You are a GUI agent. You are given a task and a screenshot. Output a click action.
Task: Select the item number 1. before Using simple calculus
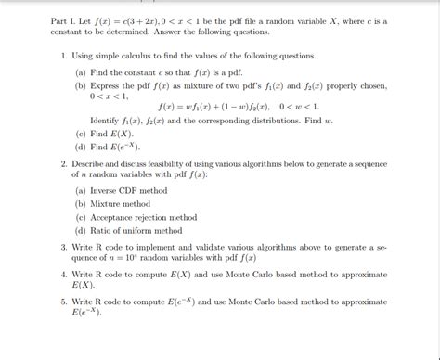coord(63,57)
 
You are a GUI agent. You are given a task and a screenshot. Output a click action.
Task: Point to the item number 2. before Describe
coord(63,163)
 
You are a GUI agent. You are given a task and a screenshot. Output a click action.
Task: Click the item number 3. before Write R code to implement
coord(63,249)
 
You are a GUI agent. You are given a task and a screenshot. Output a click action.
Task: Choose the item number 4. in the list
coord(63,276)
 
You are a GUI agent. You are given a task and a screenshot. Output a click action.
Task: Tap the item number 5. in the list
coord(63,302)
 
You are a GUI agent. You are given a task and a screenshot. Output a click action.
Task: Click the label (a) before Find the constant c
coord(82,71)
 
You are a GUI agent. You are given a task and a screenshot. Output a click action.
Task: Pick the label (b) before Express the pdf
coord(82,84)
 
